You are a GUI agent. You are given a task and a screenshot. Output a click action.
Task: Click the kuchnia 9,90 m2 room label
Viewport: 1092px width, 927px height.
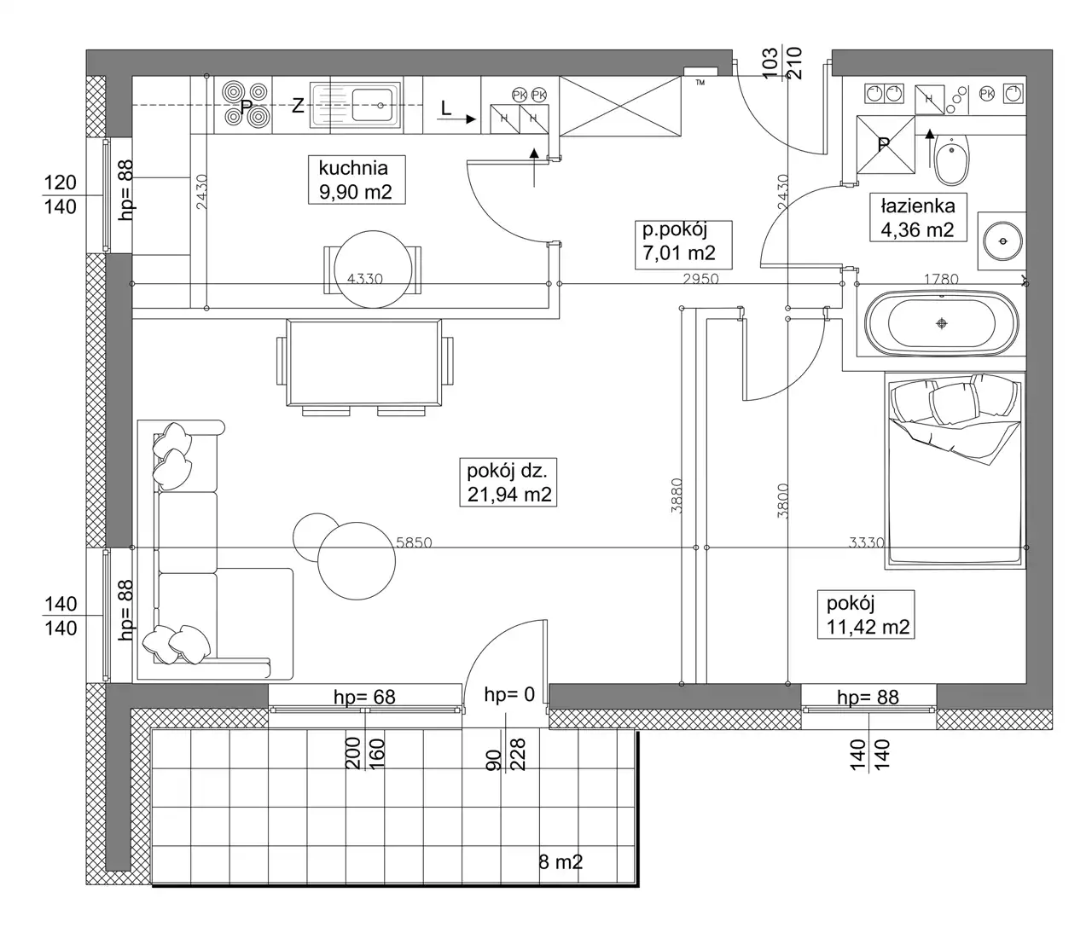click(x=357, y=180)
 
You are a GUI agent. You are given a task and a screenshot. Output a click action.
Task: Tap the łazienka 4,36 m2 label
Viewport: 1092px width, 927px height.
click(x=918, y=217)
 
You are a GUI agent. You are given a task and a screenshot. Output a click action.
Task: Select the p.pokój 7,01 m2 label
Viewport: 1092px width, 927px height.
click(x=683, y=245)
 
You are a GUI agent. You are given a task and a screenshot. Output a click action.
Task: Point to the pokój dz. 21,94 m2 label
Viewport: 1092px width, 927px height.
click(x=508, y=482)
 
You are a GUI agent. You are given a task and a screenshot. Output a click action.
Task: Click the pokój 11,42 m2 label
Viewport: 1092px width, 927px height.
click(x=866, y=615)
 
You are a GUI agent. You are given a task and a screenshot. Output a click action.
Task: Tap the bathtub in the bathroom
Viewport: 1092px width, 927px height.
click(x=942, y=323)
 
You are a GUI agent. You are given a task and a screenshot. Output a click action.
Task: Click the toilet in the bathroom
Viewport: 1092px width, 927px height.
click(x=952, y=159)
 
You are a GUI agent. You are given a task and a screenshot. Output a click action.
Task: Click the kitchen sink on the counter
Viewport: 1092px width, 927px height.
click(x=356, y=106)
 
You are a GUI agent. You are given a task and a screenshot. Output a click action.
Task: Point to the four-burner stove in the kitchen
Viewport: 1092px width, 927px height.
click(x=244, y=104)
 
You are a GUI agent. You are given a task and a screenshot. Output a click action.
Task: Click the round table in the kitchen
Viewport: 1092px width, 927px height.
click(x=373, y=269)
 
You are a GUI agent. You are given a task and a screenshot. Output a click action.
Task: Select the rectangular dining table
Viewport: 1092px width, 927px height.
click(x=364, y=363)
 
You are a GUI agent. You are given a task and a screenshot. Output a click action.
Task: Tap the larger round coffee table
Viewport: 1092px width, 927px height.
click(x=357, y=561)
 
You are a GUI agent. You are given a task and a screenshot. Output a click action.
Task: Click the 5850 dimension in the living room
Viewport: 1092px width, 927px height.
click(x=414, y=542)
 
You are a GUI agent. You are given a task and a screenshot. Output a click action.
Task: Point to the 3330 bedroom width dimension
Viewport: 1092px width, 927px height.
click(x=867, y=542)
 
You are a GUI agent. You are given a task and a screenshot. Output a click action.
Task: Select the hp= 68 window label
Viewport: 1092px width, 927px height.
click(x=364, y=698)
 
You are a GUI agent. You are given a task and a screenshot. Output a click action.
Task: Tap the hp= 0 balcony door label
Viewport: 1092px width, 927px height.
click(x=510, y=694)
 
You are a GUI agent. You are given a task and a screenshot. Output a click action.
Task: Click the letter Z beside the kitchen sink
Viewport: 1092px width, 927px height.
click(x=298, y=106)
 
